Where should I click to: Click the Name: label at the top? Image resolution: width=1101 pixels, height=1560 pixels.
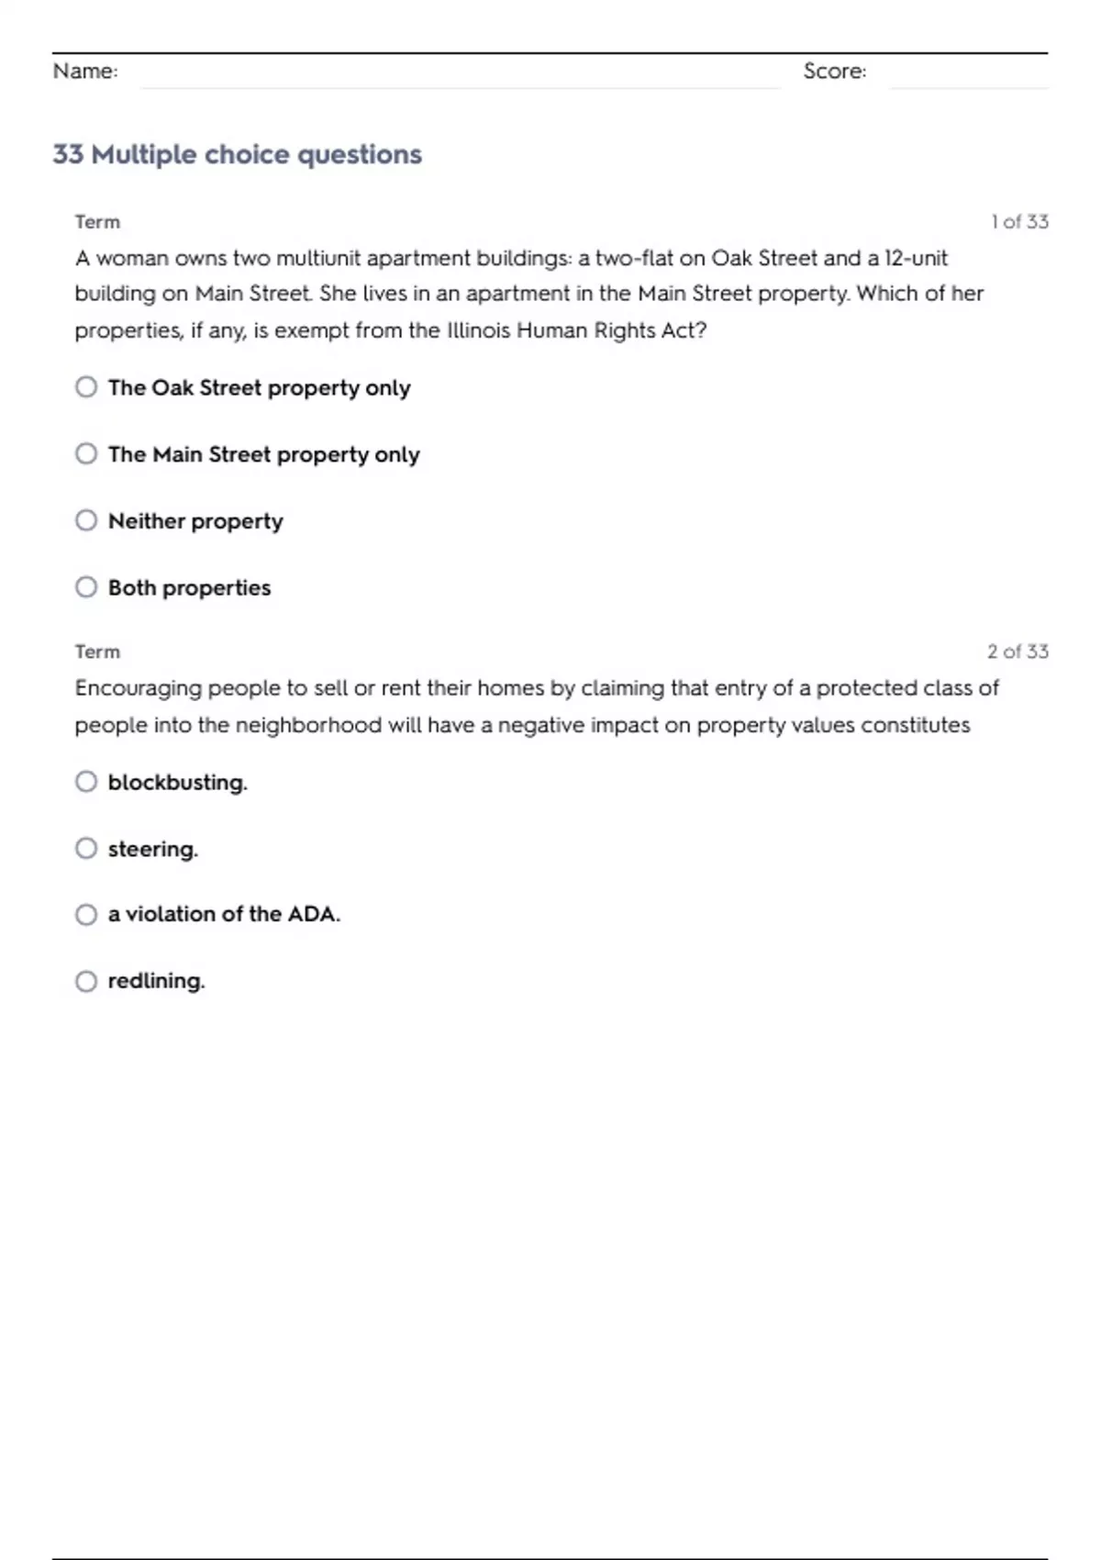pos(85,72)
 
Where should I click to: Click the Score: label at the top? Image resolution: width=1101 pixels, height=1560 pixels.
pos(834,72)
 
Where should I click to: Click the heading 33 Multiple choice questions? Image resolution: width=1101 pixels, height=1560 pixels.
pos(237,154)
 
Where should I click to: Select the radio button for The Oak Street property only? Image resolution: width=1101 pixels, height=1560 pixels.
pos(86,387)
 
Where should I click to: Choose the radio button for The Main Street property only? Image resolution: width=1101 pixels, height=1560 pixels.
pos(86,454)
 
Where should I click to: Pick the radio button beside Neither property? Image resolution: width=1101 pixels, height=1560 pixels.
pos(86,521)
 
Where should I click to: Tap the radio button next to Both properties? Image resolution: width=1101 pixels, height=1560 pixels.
pos(86,587)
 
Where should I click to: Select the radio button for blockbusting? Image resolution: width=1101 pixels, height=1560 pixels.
pos(86,782)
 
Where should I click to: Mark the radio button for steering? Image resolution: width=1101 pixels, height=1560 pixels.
pos(86,849)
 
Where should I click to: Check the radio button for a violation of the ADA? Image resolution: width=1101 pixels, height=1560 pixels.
pos(86,915)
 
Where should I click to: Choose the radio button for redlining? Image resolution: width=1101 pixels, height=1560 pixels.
pos(86,982)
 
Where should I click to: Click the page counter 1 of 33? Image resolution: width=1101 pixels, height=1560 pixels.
pos(1019,222)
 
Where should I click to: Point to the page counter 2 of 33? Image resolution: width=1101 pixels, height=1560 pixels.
pos(1018,652)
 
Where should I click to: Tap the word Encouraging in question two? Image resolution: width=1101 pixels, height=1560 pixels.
pos(139,689)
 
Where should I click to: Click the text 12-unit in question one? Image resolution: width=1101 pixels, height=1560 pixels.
pos(916,258)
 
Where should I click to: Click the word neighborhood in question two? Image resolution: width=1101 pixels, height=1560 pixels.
pos(308,725)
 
